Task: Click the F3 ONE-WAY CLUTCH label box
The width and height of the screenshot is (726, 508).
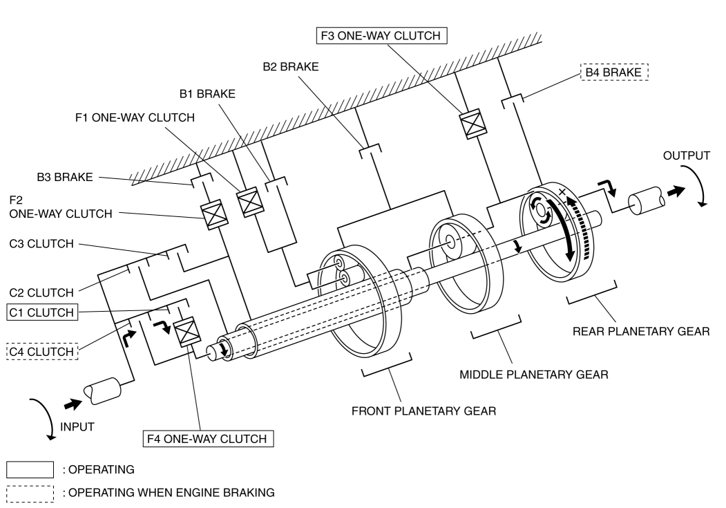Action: (x=381, y=36)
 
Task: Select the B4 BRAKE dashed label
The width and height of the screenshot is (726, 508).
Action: (x=614, y=73)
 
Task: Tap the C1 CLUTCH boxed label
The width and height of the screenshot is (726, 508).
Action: (x=42, y=312)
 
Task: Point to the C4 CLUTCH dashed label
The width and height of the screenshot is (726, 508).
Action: (x=42, y=352)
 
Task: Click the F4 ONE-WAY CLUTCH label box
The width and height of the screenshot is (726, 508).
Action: (x=208, y=438)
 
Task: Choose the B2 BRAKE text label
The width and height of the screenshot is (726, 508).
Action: (x=291, y=66)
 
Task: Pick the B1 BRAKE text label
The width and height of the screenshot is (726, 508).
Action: (x=207, y=94)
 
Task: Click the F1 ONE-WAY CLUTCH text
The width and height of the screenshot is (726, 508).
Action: (x=135, y=117)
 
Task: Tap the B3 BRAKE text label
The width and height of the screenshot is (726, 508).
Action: (x=65, y=177)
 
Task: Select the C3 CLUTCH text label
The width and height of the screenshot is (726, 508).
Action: (x=41, y=243)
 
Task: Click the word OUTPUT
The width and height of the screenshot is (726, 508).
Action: (x=686, y=156)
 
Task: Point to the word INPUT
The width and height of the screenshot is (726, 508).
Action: (x=77, y=426)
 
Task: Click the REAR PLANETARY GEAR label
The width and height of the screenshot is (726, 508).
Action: (x=641, y=331)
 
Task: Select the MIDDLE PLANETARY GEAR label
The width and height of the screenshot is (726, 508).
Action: (x=534, y=374)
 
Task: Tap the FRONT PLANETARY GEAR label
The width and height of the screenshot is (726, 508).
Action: (x=423, y=411)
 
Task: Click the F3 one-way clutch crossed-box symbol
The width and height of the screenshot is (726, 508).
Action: (x=472, y=124)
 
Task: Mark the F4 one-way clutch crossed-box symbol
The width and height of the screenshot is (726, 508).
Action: (x=187, y=332)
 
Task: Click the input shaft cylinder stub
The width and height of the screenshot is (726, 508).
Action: (x=102, y=391)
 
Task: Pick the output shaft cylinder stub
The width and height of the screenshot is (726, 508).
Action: (x=647, y=200)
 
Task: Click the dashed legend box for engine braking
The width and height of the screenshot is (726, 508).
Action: (x=30, y=493)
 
